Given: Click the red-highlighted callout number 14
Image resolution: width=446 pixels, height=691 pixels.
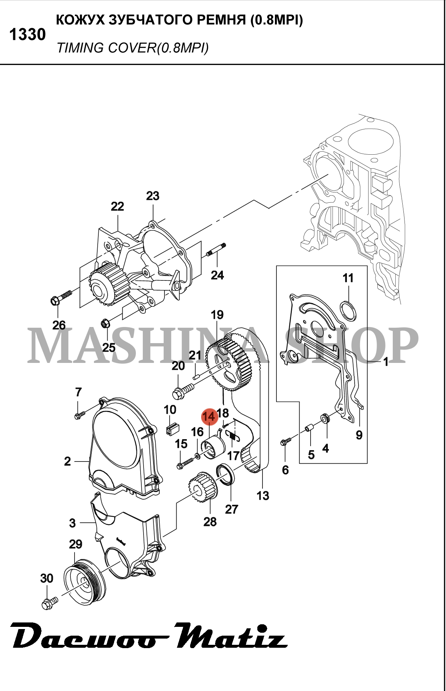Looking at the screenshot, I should (209, 417).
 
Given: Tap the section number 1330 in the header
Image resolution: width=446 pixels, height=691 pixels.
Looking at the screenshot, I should (28, 35).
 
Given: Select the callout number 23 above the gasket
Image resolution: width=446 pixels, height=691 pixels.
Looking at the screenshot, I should (153, 196).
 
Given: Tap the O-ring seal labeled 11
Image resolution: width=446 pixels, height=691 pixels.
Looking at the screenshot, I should (348, 310).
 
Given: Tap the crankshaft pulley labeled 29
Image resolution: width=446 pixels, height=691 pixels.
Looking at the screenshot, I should (84, 583).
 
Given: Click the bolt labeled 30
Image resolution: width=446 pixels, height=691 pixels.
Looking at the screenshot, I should (49, 603).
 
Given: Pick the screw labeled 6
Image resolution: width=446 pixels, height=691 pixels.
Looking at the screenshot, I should (285, 441).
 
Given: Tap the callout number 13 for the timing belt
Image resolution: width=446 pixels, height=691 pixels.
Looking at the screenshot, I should (263, 496).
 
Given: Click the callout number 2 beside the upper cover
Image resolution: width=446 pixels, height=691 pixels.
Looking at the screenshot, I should (68, 461).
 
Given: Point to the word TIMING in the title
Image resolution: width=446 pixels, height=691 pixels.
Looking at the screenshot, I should (80, 48).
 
